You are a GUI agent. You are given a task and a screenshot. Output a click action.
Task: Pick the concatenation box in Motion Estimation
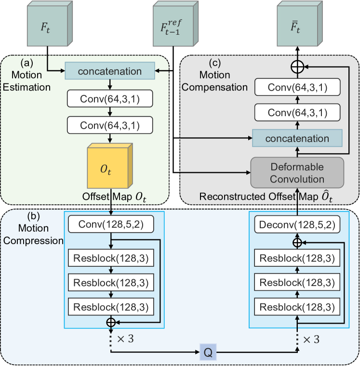pos(109,71)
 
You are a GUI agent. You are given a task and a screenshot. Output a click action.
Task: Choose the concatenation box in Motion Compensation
pos(298,138)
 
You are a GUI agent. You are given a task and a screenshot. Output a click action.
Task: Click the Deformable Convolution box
pos(298,172)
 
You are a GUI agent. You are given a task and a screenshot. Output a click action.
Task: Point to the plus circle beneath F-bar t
pos(298,67)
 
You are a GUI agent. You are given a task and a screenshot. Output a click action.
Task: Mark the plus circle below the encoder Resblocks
pos(111,321)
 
